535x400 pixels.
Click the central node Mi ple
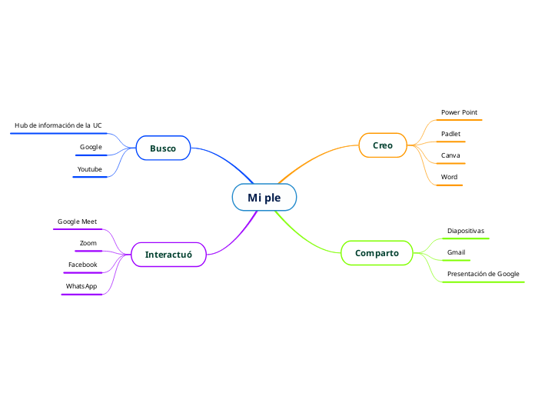point(264,198)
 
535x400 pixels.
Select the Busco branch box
point(163,148)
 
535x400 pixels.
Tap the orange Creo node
point(383,145)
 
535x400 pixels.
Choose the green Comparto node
point(377,253)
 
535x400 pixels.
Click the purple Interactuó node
point(168,255)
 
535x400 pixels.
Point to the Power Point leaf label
point(459,113)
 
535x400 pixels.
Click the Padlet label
point(450,134)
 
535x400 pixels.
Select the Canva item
point(450,155)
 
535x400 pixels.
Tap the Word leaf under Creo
point(449,177)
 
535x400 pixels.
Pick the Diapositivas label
point(466,231)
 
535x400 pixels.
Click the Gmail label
point(456,252)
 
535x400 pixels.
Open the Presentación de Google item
point(483,274)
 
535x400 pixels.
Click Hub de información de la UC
point(58,125)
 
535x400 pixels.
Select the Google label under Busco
point(91,147)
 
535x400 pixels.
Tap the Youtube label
point(89,168)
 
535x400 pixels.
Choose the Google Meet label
point(77,222)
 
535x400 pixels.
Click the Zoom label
point(88,243)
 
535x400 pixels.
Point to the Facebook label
point(82,265)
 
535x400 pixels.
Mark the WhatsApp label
point(81,286)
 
